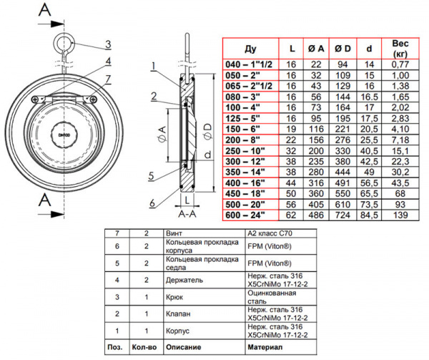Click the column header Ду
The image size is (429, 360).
(x=250, y=49)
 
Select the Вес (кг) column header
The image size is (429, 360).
(x=400, y=49)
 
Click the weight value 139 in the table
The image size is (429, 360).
(x=400, y=214)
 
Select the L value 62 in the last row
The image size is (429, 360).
(x=291, y=214)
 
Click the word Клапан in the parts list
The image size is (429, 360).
(x=178, y=312)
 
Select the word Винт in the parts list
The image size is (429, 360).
(x=175, y=233)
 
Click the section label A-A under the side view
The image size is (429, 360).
(x=188, y=213)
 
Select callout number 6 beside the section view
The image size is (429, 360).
(x=153, y=202)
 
